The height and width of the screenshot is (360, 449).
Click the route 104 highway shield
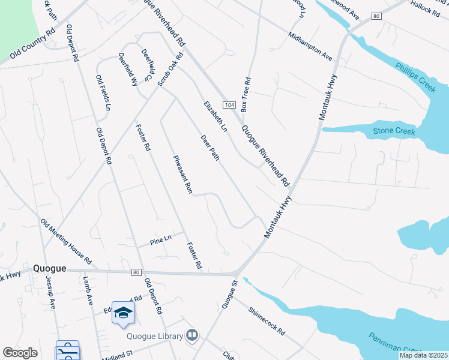click(x=228, y=105)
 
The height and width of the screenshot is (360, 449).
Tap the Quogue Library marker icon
click(x=192, y=335)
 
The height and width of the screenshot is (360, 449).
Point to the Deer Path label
click(x=210, y=147)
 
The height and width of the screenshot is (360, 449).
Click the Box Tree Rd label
click(x=245, y=95)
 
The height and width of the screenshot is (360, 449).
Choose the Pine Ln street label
click(x=161, y=242)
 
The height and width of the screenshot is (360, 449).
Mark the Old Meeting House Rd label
click(x=65, y=242)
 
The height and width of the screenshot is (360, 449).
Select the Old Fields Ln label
click(x=103, y=93)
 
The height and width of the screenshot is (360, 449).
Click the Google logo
click(x=20, y=353)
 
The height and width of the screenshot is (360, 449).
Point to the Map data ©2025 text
click(x=423, y=355)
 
